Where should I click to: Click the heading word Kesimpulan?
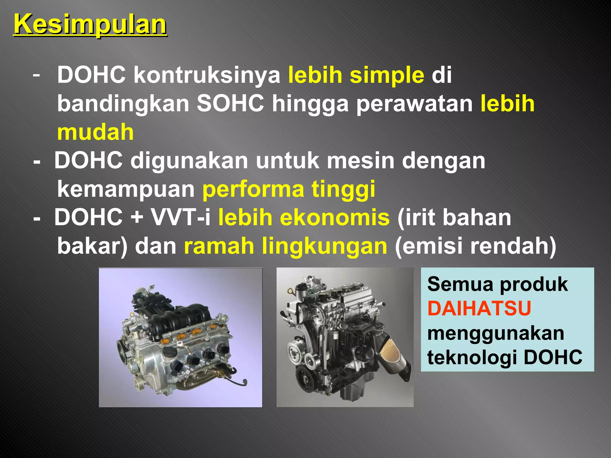pyautogui.click(x=90, y=24)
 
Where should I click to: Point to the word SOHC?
pyautogui.click(x=230, y=103)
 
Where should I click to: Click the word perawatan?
pyautogui.click(x=414, y=103)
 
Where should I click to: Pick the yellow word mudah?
pyautogui.click(x=95, y=132)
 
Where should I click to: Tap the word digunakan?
pyautogui.click(x=189, y=160)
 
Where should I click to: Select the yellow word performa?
pyautogui.click(x=253, y=189)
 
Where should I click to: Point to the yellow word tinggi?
pyautogui.click(x=343, y=189)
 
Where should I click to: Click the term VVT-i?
pyautogui.click(x=181, y=217)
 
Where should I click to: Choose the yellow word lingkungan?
pyautogui.click(x=324, y=246)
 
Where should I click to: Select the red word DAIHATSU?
pyautogui.click(x=479, y=308)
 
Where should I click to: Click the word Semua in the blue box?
pyautogui.click(x=460, y=284)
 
